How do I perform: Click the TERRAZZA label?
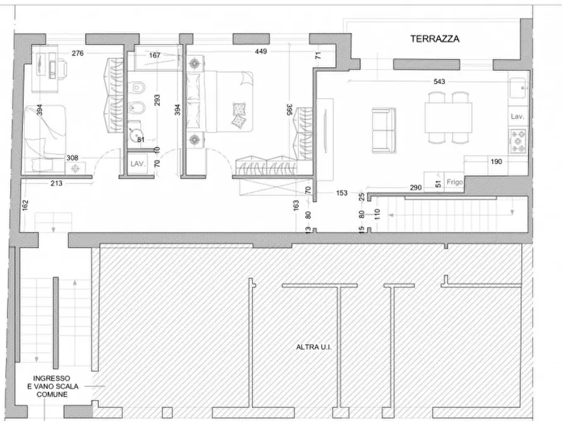point(435,39)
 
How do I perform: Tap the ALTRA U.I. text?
point(313,347)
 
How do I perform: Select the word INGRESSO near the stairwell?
point(52,378)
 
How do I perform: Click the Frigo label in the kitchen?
point(454,182)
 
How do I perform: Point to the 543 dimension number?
point(439,82)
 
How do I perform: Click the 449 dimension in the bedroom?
point(261,52)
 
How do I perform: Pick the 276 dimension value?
point(77,53)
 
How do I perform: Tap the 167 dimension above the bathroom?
point(154,55)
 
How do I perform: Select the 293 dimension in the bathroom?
point(157,100)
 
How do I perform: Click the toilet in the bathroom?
point(137,87)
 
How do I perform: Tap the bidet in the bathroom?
point(137,107)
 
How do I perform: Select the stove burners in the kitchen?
point(517,141)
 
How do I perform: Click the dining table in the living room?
point(448,118)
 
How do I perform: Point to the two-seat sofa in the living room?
point(384,130)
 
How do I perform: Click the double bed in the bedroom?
point(220,102)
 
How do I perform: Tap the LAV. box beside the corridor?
point(137,164)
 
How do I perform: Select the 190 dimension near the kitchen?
point(496,161)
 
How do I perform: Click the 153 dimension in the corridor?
point(342,193)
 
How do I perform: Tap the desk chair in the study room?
point(62,68)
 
